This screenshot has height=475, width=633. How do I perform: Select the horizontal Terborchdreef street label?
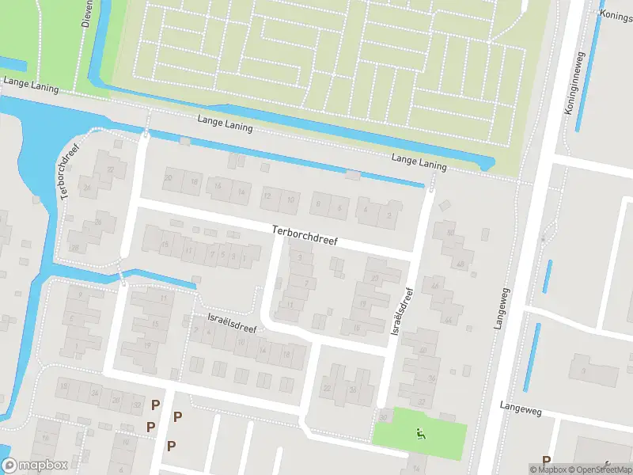tap(305, 234)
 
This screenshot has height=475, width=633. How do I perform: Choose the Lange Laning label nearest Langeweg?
tap(419, 162)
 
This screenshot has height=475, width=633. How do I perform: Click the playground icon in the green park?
tap(420, 432)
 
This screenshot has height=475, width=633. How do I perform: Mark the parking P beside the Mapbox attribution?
tap(546, 460)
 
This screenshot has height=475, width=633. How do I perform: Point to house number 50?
tap(450, 234)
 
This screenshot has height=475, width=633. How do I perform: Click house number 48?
tap(460, 264)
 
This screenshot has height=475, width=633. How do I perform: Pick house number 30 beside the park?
tap(383, 416)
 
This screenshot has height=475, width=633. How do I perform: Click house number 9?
tap(79, 296)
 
